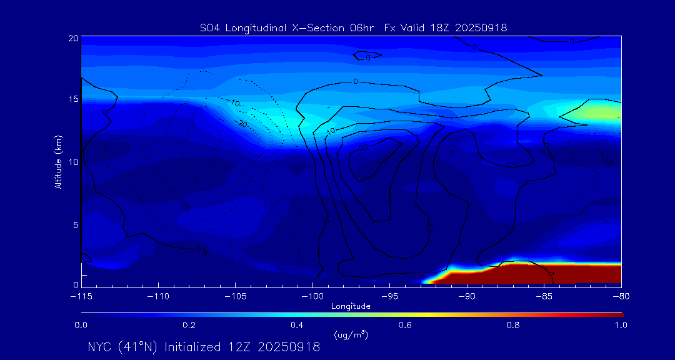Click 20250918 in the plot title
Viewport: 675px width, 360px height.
coord(482,27)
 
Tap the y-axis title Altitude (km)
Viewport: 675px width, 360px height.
coord(58,162)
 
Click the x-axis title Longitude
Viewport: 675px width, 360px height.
coord(351,306)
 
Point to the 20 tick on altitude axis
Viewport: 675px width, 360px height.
coord(72,38)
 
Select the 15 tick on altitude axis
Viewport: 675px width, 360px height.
coord(72,99)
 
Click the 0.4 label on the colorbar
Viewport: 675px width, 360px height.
coord(297,325)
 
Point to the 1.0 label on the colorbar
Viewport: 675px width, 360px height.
coord(620,325)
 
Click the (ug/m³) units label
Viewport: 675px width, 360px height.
coord(351,335)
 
